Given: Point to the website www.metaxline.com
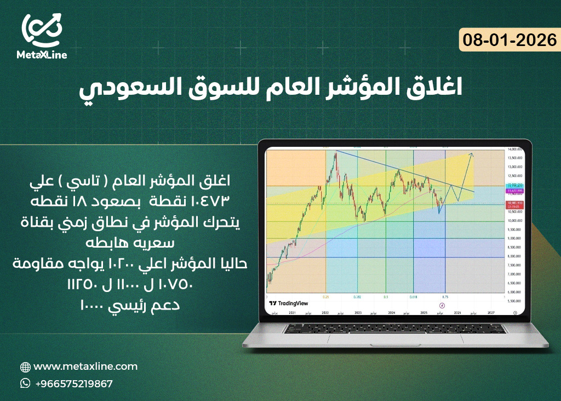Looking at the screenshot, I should coord(85,366).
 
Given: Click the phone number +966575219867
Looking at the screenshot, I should coord(74,383).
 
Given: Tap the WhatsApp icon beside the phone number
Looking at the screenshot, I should coord(25,383).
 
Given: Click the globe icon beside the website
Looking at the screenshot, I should coord(25,367).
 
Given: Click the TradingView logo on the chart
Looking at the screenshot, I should coord(289,303).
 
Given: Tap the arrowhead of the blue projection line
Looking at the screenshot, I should coord(472,155).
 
